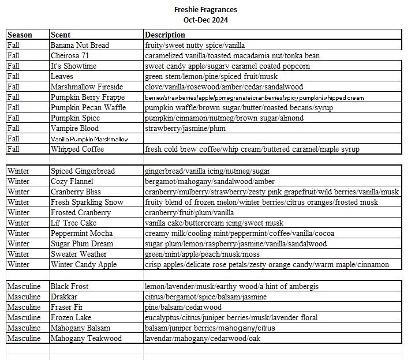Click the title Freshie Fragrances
pos(205,10)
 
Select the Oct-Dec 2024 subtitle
pos(205,20)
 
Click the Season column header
pos(20,35)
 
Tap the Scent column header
pos(61,35)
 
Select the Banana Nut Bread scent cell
pos(80,45)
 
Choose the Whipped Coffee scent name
pos(77,149)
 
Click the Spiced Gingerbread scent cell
pos(83,171)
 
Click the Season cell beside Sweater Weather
pos(18,254)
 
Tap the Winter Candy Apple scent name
pos(84,264)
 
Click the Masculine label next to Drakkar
pos(24,297)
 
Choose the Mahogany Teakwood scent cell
pos(86,338)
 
